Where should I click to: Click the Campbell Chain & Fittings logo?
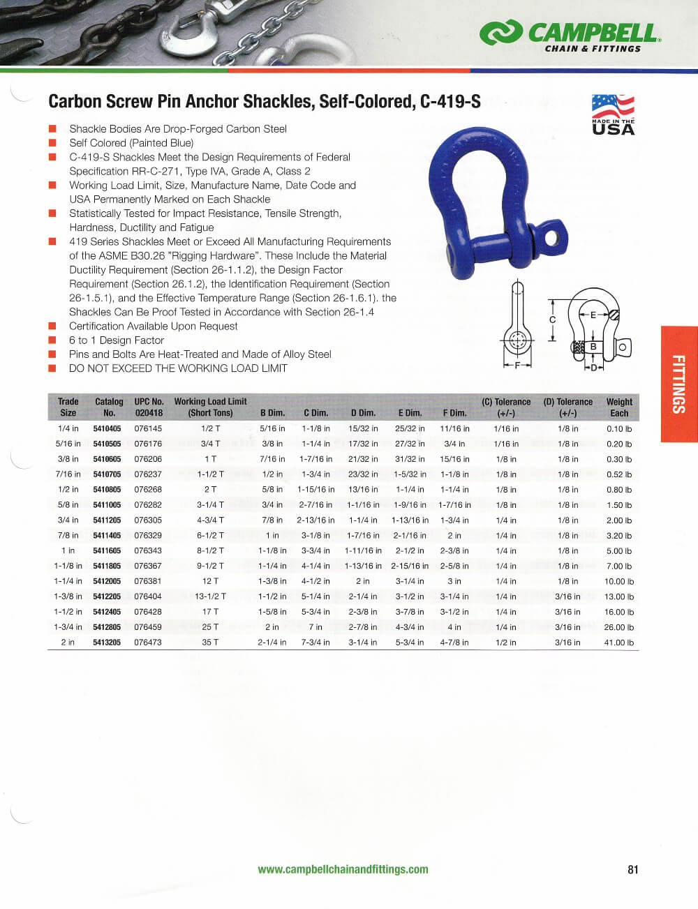click(x=569, y=36)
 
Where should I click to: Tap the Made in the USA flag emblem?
click(x=613, y=114)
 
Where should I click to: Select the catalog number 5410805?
click(x=107, y=490)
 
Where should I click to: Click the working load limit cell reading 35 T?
click(x=210, y=643)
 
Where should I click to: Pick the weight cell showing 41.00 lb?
click(x=618, y=643)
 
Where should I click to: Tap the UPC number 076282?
click(x=148, y=505)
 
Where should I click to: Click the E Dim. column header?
click(x=410, y=413)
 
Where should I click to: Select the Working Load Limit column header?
click(x=210, y=407)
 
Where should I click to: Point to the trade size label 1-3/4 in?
click(x=68, y=627)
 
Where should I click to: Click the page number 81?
click(x=633, y=869)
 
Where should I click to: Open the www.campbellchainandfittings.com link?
click(x=343, y=869)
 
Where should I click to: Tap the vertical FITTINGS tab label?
click(x=678, y=384)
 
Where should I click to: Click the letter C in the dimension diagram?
click(x=552, y=320)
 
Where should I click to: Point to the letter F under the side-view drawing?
click(x=517, y=365)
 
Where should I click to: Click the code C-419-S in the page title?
click(x=450, y=102)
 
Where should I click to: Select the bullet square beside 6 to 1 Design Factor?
click(x=52, y=340)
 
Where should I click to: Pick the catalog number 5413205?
click(x=107, y=643)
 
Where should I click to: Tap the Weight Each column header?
click(x=618, y=407)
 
